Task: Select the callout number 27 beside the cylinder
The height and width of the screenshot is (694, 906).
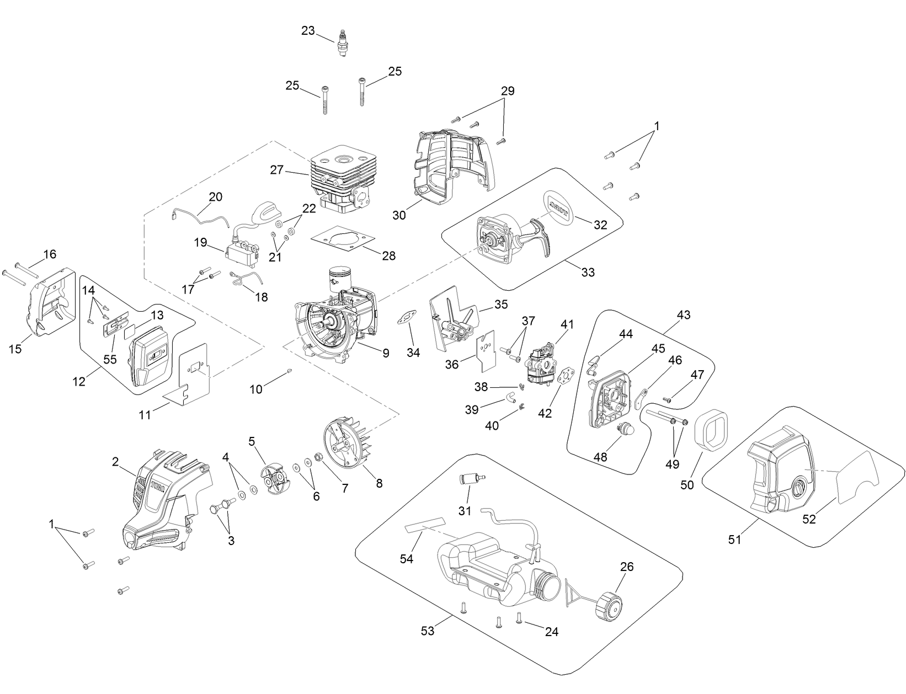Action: pos(277,170)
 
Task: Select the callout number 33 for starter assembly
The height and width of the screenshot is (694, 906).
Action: pos(588,272)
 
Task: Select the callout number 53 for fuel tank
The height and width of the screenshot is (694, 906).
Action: pos(428,631)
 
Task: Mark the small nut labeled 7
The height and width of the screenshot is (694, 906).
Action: pos(318,456)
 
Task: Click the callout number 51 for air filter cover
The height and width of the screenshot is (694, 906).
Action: pos(734,539)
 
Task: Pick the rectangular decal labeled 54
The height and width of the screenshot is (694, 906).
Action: pos(424,523)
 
